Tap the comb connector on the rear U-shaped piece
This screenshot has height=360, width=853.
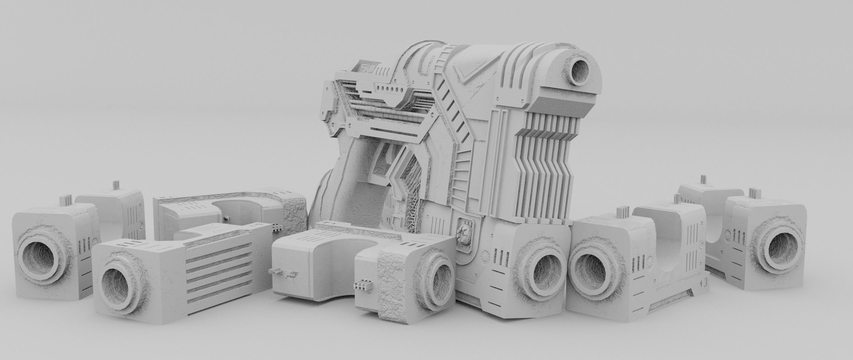pos(277,227)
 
